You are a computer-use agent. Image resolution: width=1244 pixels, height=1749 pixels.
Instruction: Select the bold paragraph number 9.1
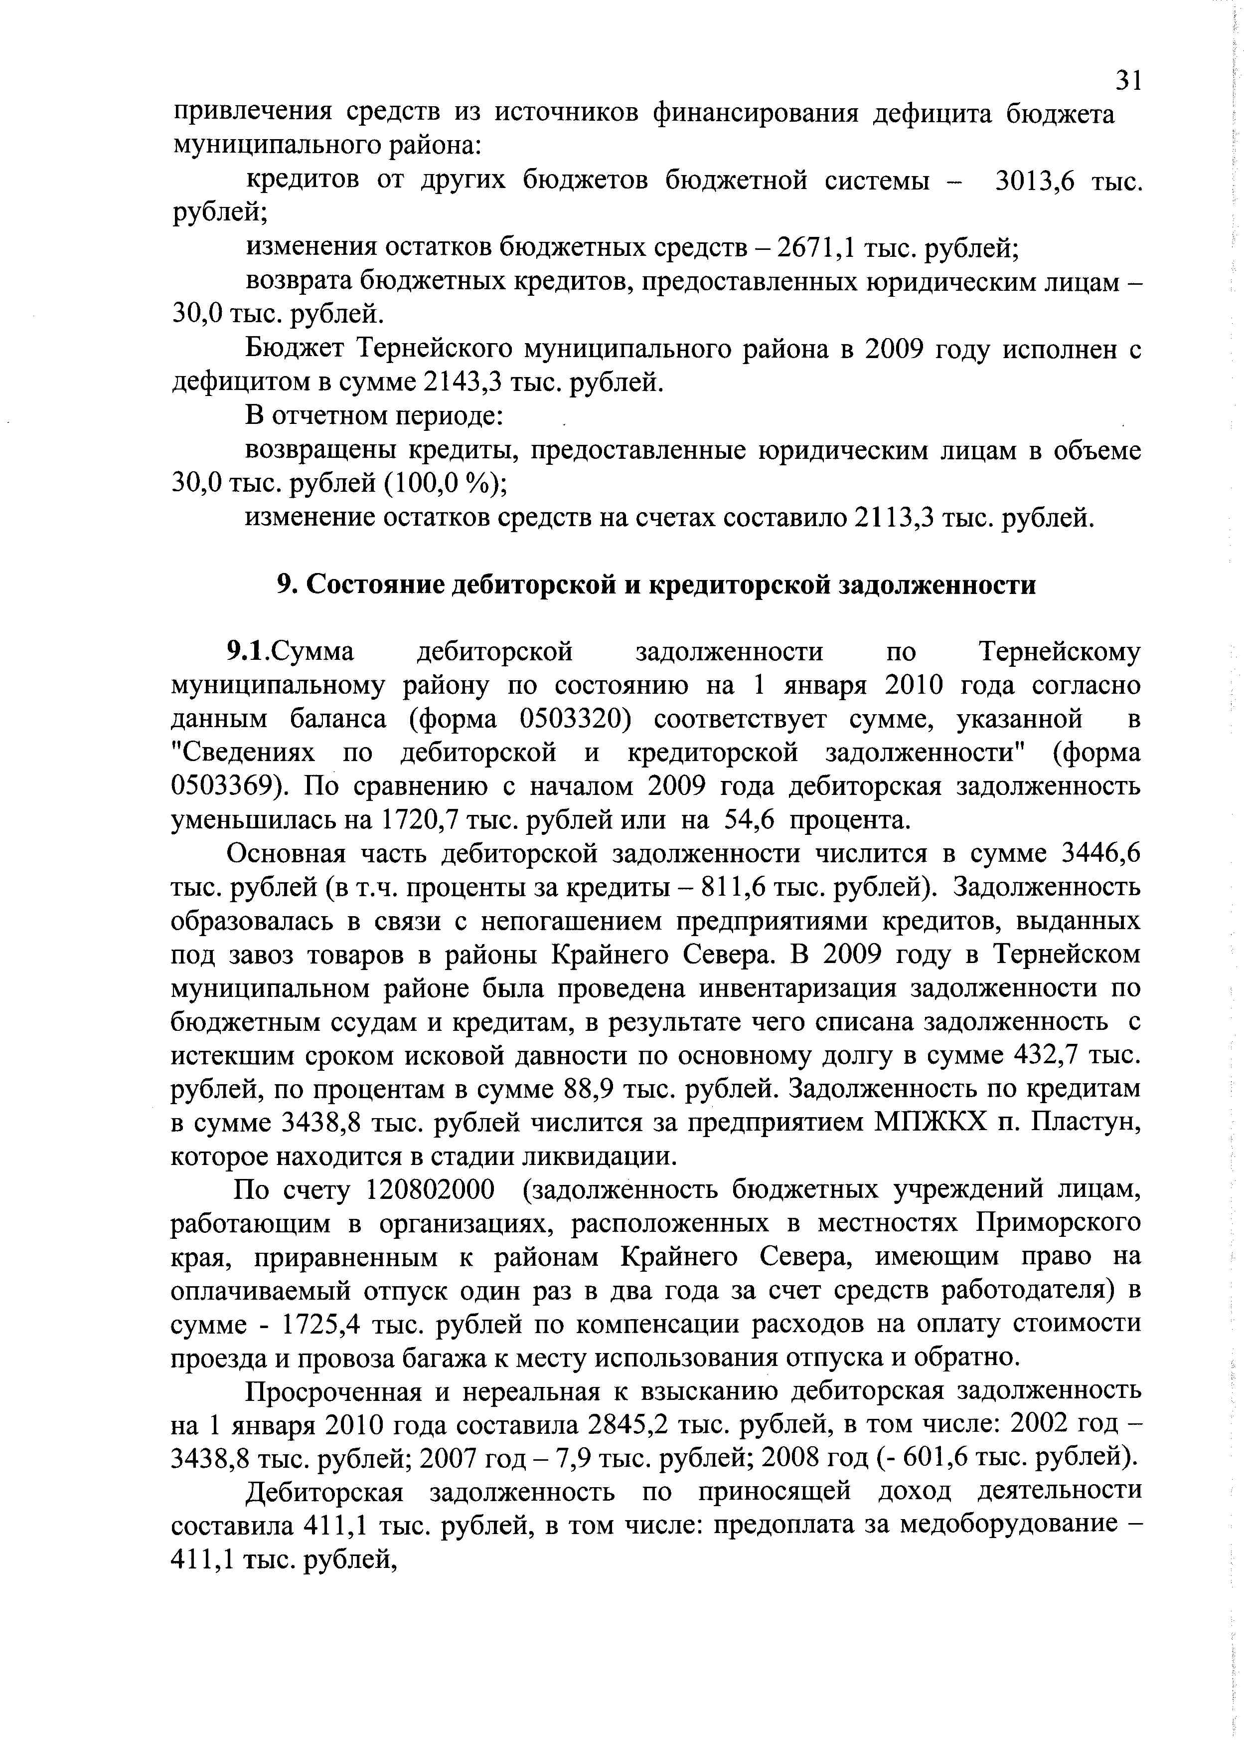pyautogui.click(x=245, y=652)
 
